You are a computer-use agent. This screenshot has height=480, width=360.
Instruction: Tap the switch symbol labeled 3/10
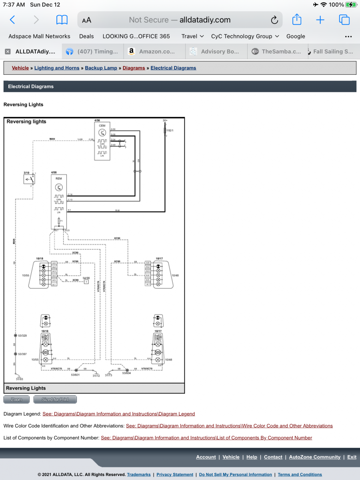coord(29,179)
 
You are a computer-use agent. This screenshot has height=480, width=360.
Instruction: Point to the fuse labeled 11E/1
coord(164,130)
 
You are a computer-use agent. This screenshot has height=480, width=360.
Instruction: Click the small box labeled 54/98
coord(86,282)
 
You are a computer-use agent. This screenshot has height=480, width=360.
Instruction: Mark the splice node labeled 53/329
coord(15,336)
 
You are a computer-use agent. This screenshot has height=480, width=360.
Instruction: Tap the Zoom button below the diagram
coord(16,400)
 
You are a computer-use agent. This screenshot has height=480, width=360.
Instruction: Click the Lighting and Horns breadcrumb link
coord(57,68)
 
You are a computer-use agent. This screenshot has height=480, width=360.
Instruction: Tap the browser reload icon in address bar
coord(274,20)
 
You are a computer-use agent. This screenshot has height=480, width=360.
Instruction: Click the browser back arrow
coord(12,20)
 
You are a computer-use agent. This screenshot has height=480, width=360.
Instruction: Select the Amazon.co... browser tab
coord(156,52)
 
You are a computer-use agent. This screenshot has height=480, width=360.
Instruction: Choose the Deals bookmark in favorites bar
coord(86,36)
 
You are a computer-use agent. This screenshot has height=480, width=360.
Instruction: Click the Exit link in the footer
coord(352,457)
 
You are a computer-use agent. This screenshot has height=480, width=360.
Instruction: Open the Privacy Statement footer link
coord(175,475)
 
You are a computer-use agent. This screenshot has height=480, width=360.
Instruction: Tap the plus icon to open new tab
coord(320,20)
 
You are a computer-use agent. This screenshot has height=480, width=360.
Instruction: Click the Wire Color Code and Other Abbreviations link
coord(229,426)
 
